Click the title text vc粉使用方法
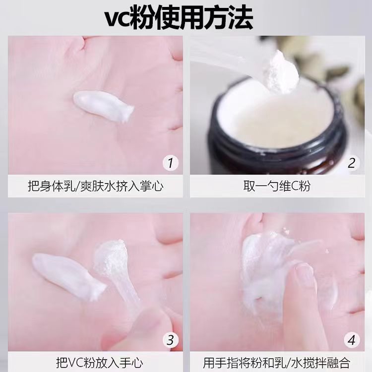click(x=179, y=18)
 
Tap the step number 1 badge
click(x=170, y=163)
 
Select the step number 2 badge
click(x=352, y=163)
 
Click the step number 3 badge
click(x=170, y=340)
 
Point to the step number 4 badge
click(x=352, y=340)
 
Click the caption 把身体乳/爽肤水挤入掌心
click(x=96, y=186)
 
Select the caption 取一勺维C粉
click(x=277, y=186)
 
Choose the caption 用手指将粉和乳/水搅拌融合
click(x=277, y=363)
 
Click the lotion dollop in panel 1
click(x=103, y=106)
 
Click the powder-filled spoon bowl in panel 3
click(x=110, y=256)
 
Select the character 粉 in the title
click(x=141, y=18)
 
